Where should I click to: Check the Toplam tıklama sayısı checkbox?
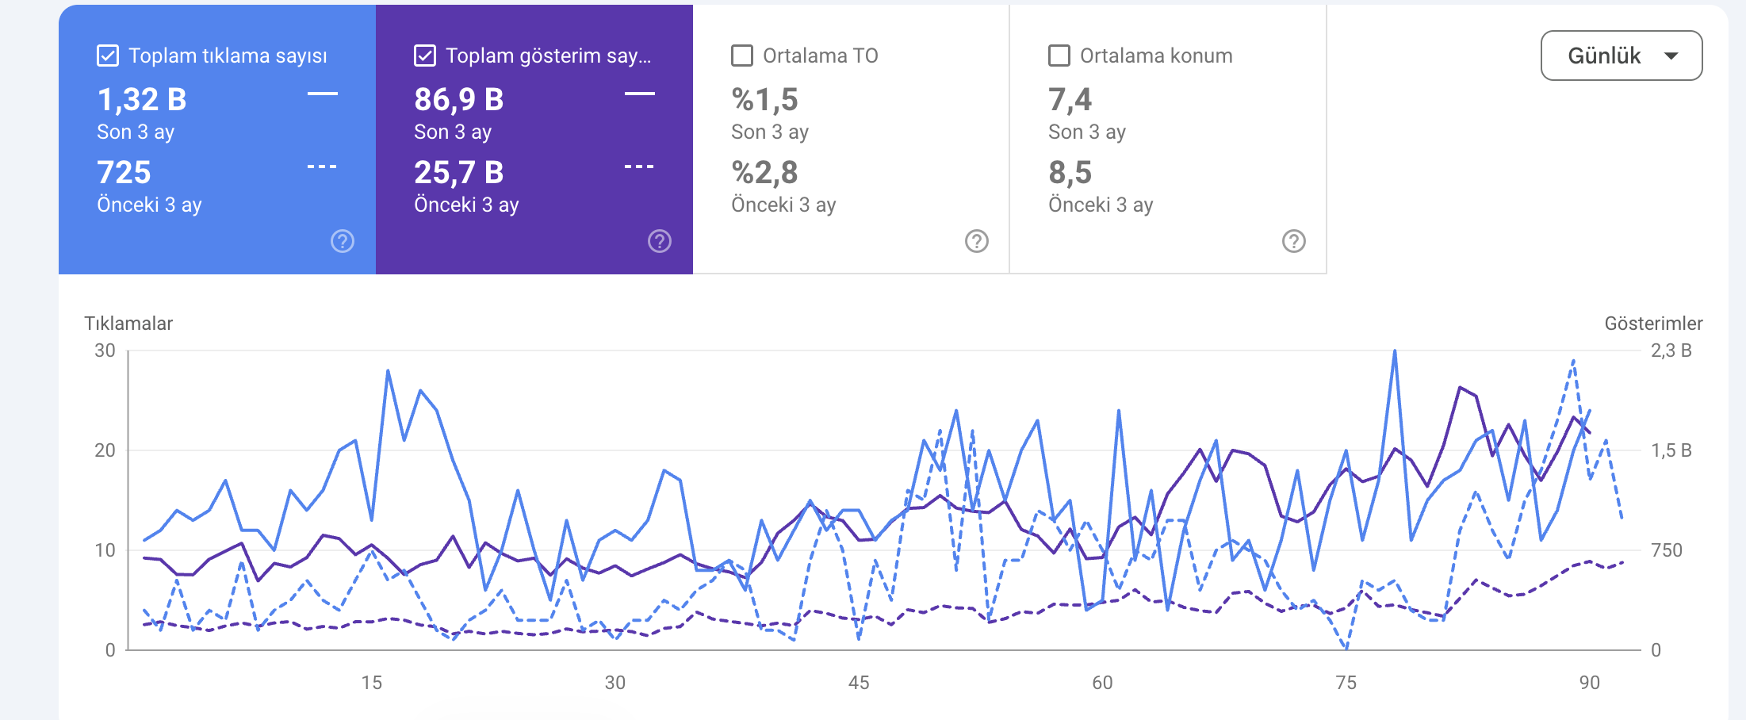[108, 56]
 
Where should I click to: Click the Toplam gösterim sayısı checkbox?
[425, 56]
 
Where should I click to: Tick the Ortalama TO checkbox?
[742, 56]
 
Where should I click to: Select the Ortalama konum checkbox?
[1059, 56]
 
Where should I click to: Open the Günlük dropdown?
[1622, 56]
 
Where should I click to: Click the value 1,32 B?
[142, 100]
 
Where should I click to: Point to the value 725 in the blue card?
[124, 173]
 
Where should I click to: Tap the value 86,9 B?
[459, 100]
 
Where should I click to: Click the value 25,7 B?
[459, 173]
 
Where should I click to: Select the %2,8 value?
[764, 173]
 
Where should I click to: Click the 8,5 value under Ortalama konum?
[1070, 173]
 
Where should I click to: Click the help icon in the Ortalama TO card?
[977, 241]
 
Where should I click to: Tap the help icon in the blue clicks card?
[343, 241]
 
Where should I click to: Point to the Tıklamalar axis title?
[128, 324]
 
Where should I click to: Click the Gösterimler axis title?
[1653, 324]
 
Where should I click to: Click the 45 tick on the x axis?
[859, 683]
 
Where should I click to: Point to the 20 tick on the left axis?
[105, 450]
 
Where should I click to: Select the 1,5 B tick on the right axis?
[1671, 450]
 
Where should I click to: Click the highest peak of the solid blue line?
[1395, 350]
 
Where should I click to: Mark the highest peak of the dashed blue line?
[1573, 361]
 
